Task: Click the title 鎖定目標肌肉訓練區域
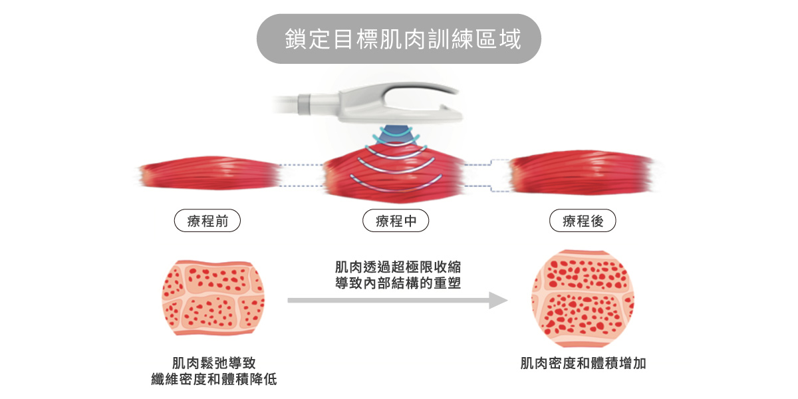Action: [399, 39]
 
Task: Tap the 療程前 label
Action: [207, 221]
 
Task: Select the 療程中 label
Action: [396, 221]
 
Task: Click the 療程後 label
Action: [583, 221]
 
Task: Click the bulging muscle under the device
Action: [395, 176]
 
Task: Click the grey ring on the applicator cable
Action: [304, 104]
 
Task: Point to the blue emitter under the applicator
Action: [396, 132]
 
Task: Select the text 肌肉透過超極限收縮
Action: [398, 267]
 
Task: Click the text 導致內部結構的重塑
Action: [398, 283]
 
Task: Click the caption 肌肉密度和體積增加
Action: [583, 364]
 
